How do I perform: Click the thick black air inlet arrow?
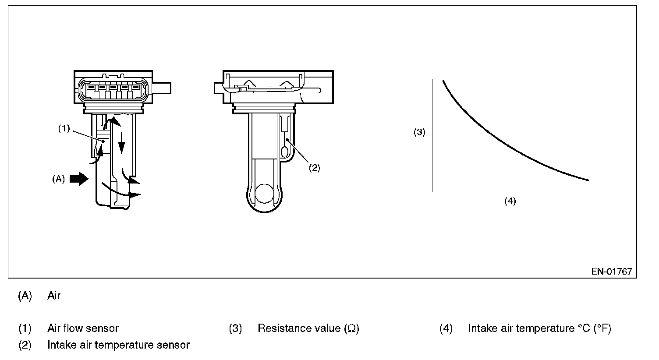pyautogui.click(x=79, y=179)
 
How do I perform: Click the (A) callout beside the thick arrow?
pyautogui.click(x=59, y=179)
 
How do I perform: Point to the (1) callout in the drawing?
pyautogui.click(x=64, y=128)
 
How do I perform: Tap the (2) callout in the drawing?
pyautogui.click(x=314, y=168)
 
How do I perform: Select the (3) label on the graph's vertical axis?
pyautogui.click(x=419, y=132)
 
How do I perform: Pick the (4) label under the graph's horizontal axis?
pyautogui.click(x=510, y=201)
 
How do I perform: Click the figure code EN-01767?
pyautogui.click(x=612, y=271)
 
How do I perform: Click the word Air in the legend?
pyautogui.click(x=54, y=295)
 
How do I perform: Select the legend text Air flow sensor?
pyautogui.click(x=83, y=328)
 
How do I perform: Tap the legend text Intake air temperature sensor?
pyautogui.click(x=119, y=345)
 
